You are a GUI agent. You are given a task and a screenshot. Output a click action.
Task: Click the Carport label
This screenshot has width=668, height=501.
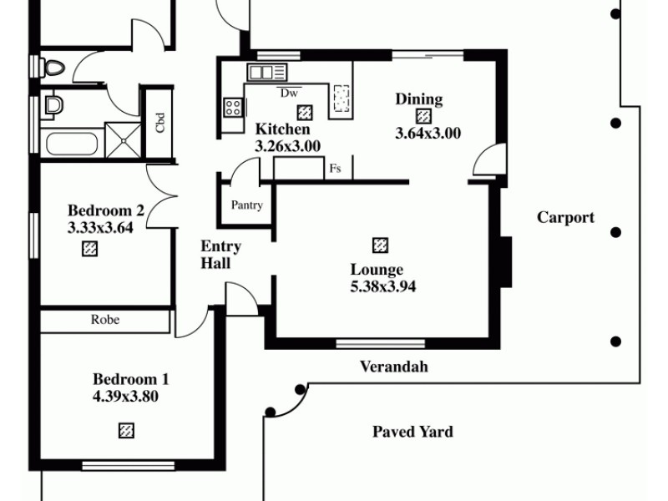565,218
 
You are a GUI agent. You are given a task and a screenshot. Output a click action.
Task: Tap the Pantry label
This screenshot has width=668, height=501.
247,205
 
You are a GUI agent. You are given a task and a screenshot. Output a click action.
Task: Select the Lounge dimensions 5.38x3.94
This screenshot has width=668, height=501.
382,286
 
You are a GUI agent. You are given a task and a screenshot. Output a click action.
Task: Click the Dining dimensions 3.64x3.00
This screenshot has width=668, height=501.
428,133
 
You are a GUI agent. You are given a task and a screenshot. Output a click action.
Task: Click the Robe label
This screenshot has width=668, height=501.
105,320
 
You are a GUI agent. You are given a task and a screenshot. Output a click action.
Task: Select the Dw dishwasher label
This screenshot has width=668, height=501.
290,93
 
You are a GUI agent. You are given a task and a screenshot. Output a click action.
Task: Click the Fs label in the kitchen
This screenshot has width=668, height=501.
335,169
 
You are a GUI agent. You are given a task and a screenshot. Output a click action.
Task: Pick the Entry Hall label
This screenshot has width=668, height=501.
220,255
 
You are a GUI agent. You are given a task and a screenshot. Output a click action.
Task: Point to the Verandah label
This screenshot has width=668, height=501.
393,366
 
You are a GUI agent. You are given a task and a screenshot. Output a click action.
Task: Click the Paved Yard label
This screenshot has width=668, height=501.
412,432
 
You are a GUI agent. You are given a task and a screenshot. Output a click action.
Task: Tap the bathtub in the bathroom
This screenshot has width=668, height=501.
72,141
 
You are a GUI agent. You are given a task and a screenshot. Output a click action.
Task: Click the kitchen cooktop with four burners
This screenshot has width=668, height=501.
233,107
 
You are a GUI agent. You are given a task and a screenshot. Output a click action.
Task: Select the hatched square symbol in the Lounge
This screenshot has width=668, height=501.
380,245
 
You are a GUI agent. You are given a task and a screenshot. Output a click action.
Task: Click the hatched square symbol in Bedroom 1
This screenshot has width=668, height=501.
126,430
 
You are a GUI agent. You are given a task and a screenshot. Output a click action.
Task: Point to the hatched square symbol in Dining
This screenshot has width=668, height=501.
424,116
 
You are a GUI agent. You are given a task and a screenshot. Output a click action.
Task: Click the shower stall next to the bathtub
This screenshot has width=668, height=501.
123,139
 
